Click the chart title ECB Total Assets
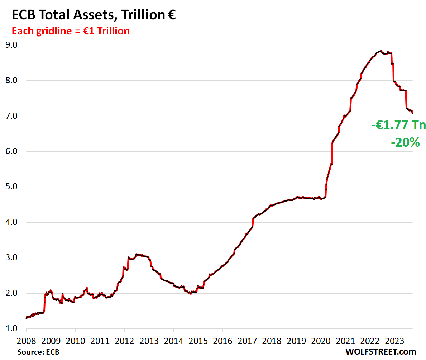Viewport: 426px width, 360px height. (94, 15)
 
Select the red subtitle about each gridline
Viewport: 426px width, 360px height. (71, 31)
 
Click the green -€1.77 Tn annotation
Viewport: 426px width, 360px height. (398, 125)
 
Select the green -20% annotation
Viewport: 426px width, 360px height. (405, 143)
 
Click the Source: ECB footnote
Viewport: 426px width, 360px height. (38, 352)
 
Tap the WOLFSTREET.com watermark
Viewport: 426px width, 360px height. (381, 352)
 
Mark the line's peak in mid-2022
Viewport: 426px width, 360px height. (381, 51)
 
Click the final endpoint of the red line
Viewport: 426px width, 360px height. (412, 114)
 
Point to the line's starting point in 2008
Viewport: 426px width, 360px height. (26, 318)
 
